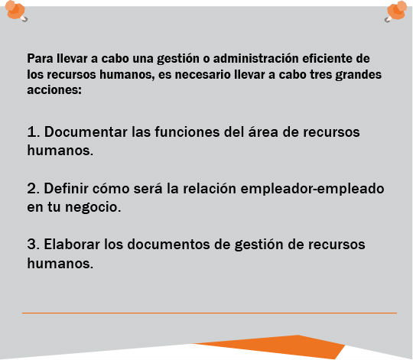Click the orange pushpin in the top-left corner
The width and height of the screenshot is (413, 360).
(x=16, y=11)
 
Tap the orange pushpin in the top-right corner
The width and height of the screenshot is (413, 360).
(x=396, y=11)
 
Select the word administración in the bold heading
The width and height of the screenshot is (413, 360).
(x=255, y=58)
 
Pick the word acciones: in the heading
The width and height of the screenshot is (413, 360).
(x=54, y=90)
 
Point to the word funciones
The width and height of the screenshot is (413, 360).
(x=187, y=131)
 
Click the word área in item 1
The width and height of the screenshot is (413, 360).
(x=263, y=131)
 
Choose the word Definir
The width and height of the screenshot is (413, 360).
(x=66, y=188)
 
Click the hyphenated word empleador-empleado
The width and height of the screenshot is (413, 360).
(x=312, y=189)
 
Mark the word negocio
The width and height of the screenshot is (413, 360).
(x=93, y=207)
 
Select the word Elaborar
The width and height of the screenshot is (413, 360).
(x=72, y=244)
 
